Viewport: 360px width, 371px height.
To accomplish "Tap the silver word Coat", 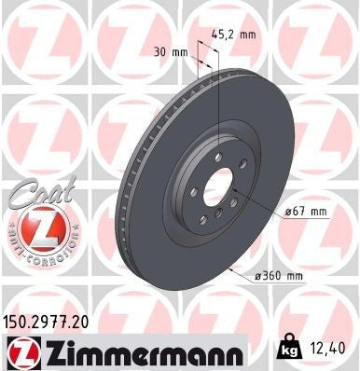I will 34,197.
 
